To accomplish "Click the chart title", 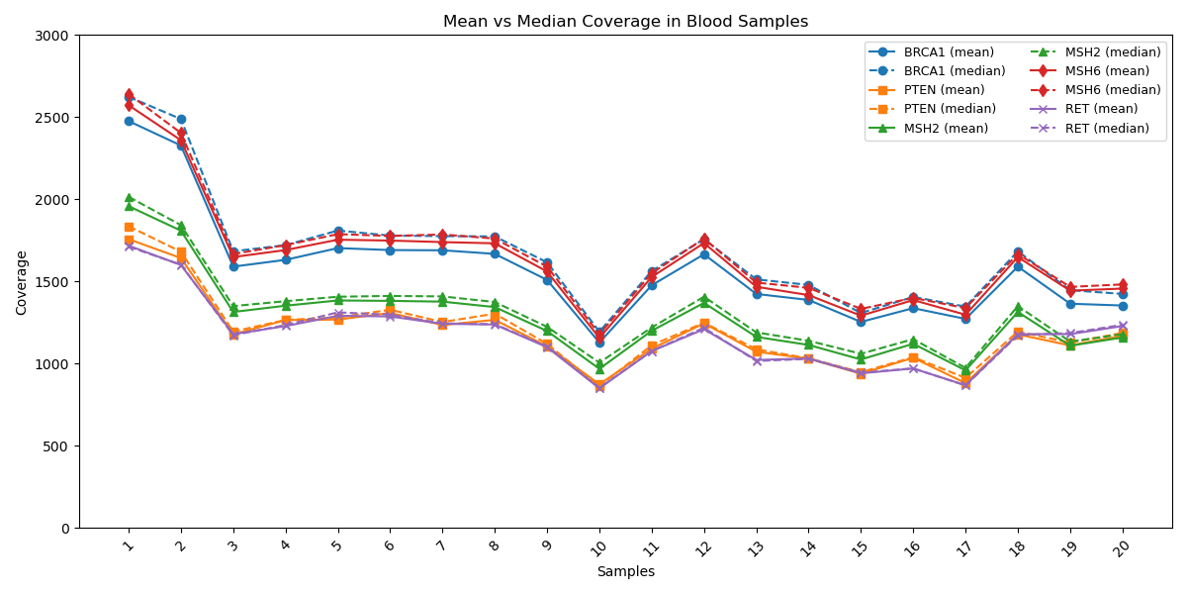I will (625, 22).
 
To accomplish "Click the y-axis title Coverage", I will (22, 282).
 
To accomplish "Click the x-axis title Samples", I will (625, 571).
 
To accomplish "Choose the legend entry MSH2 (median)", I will (1107, 51).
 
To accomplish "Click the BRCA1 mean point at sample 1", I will (129, 121).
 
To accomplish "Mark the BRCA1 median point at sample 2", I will (181, 119).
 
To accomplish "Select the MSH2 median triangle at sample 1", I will (129, 198).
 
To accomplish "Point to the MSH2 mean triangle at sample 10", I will (599, 370).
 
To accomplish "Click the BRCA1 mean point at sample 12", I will (704, 254).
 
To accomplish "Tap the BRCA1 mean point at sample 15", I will (861, 322).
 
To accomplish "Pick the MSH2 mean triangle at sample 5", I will (337, 301).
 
